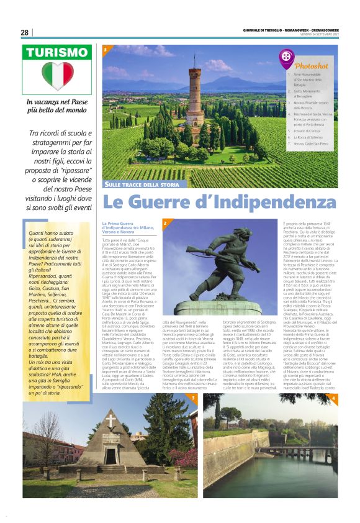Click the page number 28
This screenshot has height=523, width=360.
point(25,33)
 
